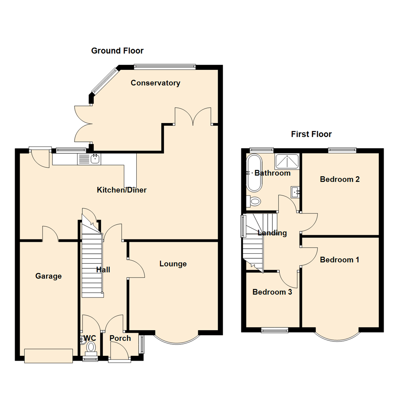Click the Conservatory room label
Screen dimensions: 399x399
click(155, 83)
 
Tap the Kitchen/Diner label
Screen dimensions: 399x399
click(122, 190)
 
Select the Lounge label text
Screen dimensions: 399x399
click(173, 264)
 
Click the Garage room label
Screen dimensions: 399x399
click(48, 276)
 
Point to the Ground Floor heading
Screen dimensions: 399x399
click(117, 51)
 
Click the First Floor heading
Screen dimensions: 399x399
click(311, 134)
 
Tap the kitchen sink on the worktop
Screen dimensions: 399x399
click(95, 159)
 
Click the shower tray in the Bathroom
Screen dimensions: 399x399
click(287, 161)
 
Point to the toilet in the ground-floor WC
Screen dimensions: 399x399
click(91, 347)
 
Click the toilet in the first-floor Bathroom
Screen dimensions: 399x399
click(254, 201)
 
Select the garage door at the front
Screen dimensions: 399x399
click(48, 355)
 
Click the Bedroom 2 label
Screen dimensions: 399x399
click(340, 180)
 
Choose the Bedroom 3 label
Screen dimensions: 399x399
click(272, 292)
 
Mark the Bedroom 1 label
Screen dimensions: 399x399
click(339, 260)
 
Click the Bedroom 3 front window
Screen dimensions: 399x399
click(274, 330)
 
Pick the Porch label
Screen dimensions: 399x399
click(120, 338)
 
